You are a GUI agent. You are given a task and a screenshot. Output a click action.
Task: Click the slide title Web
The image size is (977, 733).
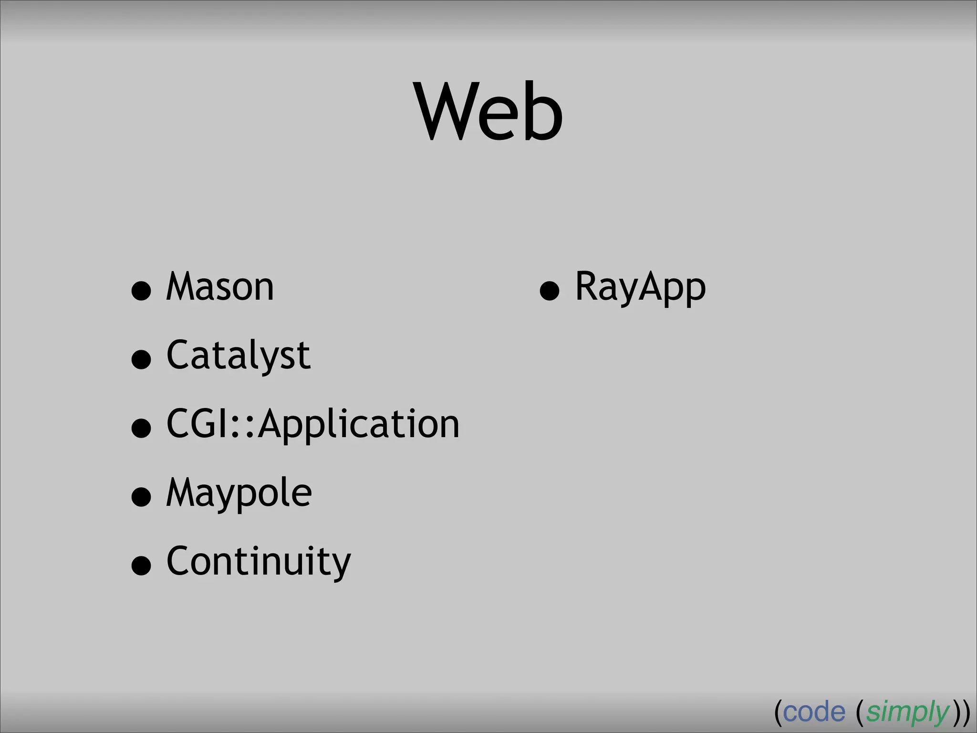pos(489,112)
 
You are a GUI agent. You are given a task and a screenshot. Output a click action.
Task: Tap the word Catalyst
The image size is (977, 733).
pos(239,356)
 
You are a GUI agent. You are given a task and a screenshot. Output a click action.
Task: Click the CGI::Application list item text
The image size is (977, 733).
pos(312,424)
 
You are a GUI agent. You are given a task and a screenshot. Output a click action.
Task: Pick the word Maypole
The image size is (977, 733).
pos(239,493)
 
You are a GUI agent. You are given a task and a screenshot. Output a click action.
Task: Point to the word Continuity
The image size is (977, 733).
pos(259,562)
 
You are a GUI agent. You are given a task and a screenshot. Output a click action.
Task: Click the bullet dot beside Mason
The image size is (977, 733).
pos(141,291)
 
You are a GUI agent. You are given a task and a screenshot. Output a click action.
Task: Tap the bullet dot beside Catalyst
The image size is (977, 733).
pos(141,359)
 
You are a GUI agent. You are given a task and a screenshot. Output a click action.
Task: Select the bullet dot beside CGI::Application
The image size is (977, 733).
pos(141,428)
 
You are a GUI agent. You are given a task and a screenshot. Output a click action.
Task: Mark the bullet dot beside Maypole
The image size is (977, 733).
pos(141,497)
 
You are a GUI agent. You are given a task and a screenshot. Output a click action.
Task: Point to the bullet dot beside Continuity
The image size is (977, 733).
pos(141,565)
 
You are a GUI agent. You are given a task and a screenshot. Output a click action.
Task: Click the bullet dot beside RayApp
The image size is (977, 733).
pos(550,291)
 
